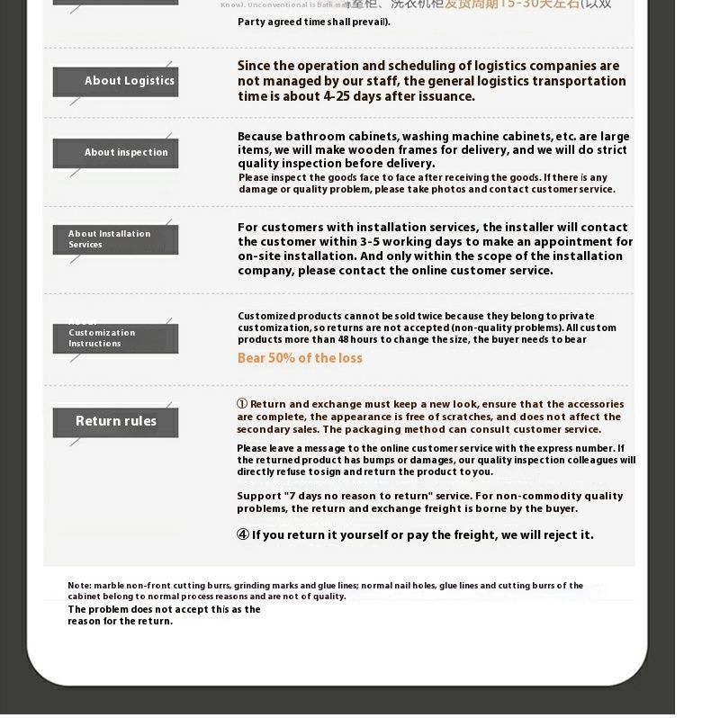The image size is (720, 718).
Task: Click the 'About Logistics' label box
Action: tap(116, 81)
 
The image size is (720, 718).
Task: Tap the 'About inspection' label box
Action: tap(116, 153)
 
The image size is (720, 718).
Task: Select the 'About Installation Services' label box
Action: tap(116, 239)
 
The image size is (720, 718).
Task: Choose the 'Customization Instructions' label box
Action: tap(116, 338)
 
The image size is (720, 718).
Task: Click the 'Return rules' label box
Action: tap(116, 421)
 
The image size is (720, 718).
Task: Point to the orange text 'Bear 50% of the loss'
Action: tap(300, 358)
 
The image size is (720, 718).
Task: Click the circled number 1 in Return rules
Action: tap(242, 404)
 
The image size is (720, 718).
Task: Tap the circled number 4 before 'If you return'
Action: tap(242, 535)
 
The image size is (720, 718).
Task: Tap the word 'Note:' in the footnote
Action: tap(80, 586)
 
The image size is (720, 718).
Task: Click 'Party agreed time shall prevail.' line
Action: tap(314, 22)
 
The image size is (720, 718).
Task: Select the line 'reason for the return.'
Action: tap(120, 621)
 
